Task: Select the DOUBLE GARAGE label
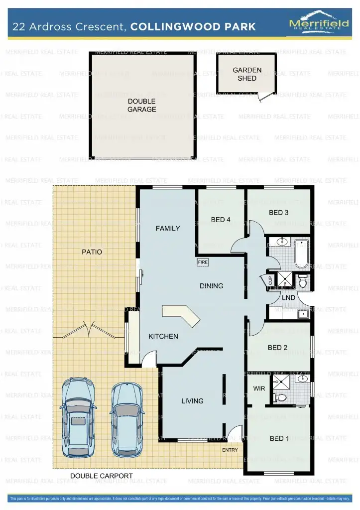click(x=141, y=106)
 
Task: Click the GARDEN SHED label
click(x=247, y=74)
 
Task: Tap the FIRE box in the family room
click(x=203, y=262)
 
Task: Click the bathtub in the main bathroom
click(x=301, y=254)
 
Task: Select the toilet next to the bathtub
click(x=303, y=281)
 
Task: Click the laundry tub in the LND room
click(x=302, y=314)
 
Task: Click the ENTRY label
click(x=230, y=450)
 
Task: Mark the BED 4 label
click(x=221, y=220)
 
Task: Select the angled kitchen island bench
click(x=182, y=315)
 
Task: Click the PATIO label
click(x=92, y=252)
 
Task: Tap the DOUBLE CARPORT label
click(x=102, y=476)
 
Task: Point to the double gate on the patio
click(x=88, y=330)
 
